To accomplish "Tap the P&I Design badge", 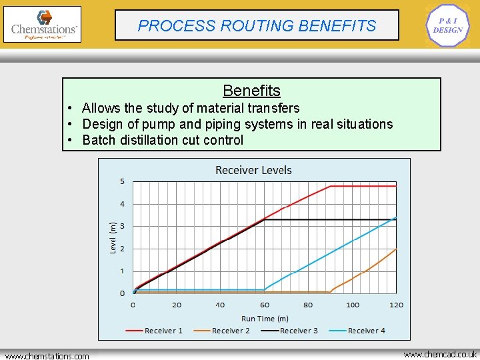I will tap(447, 26).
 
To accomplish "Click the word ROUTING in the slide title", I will tap(257, 26).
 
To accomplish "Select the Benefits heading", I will tap(251, 91).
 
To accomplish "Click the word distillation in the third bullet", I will tap(157, 140).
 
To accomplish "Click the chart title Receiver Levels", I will tap(253, 170).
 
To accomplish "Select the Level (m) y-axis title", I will tap(113, 237).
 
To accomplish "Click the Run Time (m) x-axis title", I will tap(265, 319).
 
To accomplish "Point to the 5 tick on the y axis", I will tap(122, 181).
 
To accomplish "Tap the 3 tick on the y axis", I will tap(122, 226).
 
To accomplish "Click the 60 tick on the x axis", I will tap(265, 305).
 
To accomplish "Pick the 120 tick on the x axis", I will tap(396, 305).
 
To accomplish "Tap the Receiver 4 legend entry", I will tap(363, 331).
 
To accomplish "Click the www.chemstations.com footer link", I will tap(47, 356).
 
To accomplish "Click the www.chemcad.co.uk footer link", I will tap(440, 354).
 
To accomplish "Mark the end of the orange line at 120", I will tap(396, 249).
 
